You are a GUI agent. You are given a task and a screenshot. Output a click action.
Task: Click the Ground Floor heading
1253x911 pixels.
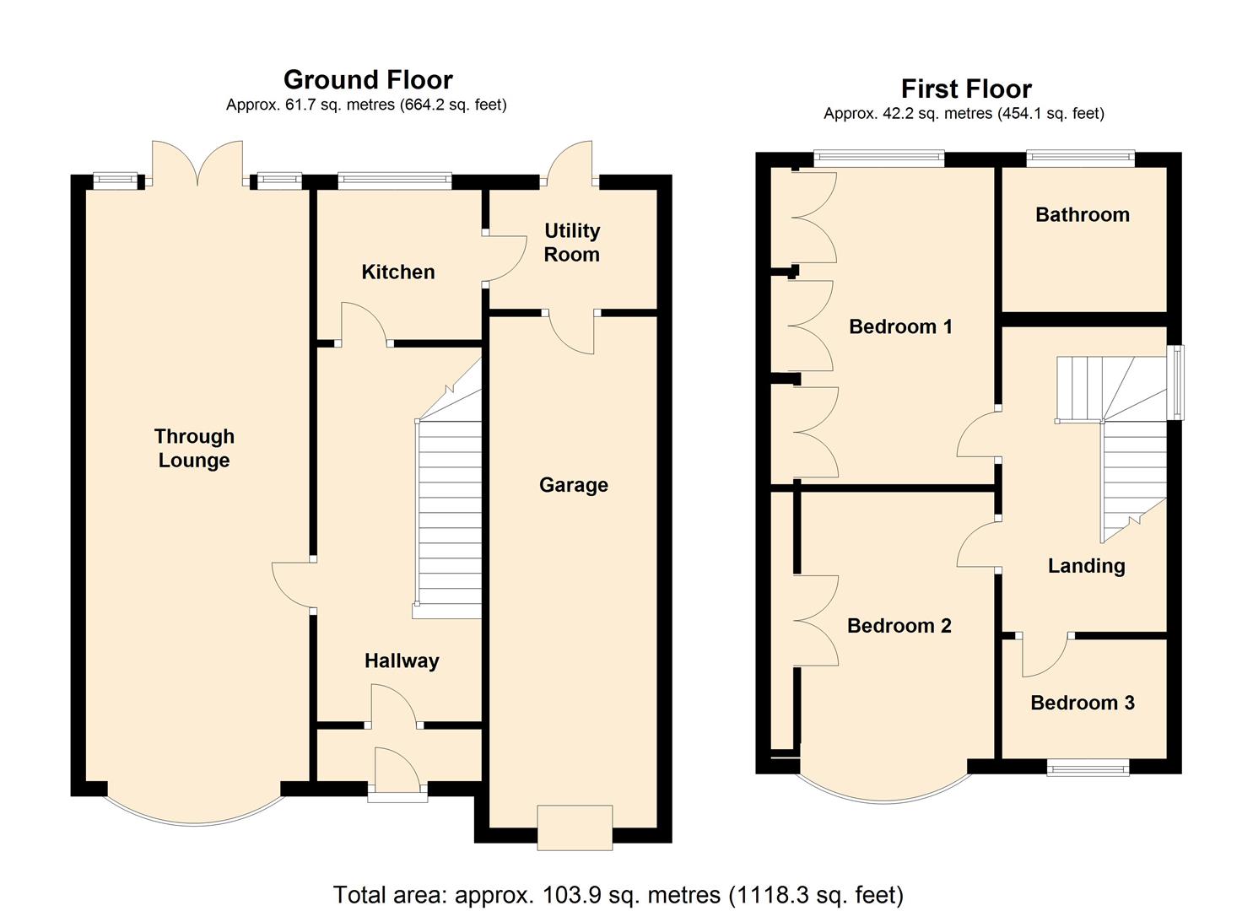(x=368, y=80)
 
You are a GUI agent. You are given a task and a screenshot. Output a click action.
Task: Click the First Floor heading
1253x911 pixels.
(x=966, y=89)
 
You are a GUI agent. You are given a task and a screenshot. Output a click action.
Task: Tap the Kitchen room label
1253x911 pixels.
(x=397, y=272)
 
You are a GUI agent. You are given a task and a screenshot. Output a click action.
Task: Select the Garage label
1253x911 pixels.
(x=574, y=485)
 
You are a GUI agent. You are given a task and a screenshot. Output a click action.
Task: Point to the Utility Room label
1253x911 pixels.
(x=572, y=242)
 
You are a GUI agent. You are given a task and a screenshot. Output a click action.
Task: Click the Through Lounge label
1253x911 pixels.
(x=194, y=448)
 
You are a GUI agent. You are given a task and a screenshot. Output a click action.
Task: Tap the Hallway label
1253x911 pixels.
(x=402, y=661)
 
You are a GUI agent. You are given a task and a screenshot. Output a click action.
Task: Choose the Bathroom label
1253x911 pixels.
(x=1083, y=215)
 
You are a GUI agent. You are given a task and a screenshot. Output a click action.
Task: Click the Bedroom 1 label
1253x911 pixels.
(x=900, y=326)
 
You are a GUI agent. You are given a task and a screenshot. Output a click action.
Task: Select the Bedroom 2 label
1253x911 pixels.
(x=899, y=626)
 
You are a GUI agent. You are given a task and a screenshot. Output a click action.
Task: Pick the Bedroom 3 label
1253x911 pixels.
(x=1083, y=703)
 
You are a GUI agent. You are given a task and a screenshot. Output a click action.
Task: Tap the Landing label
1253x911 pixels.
(x=1086, y=566)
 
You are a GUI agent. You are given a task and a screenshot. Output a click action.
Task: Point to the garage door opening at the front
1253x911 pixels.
(x=575, y=827)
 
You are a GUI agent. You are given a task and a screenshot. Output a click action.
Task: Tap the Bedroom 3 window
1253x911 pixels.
(x=1088, y=769)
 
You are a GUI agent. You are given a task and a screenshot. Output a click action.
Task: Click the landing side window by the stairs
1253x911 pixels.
(x=1178, y=382)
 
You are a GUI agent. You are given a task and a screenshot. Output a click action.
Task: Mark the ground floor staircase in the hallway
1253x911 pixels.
(x=449, y=488)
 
